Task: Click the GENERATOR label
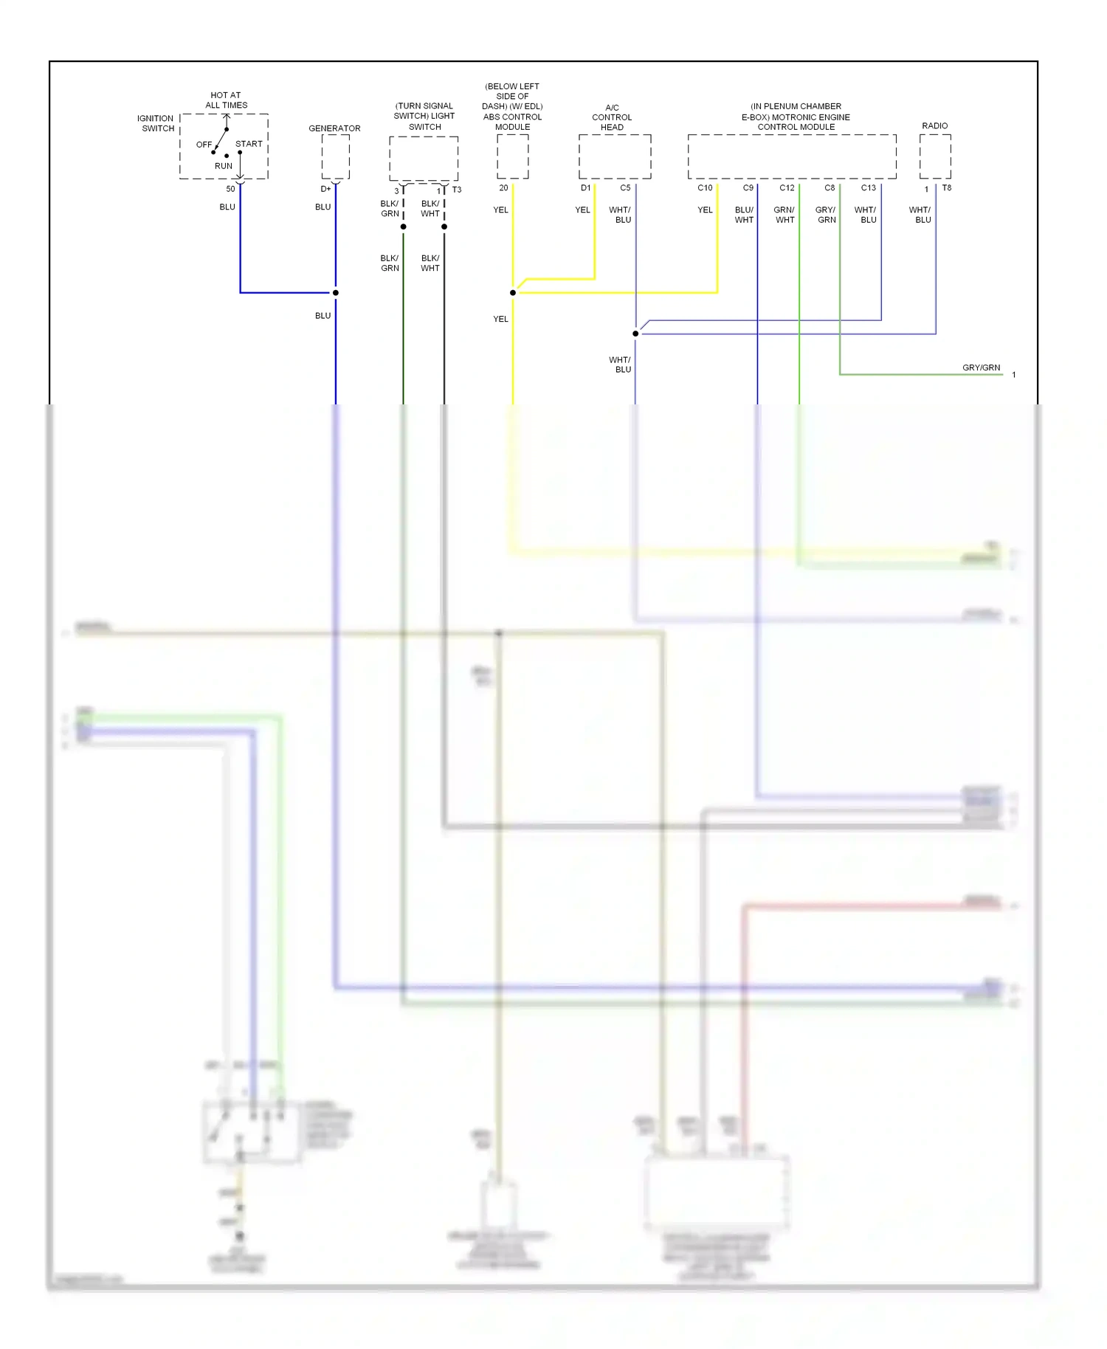[334, 128]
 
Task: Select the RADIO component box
[934, 156]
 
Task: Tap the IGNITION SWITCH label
[156, 123]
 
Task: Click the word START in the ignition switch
[249, 144]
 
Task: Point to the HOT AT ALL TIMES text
[226, 100]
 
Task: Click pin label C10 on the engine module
[705, 188]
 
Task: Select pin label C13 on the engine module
[868, 188]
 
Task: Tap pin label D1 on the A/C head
[585, 188]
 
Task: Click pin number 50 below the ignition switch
[230, 189]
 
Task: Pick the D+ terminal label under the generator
[325, 189]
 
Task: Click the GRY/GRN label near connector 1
[981, 368]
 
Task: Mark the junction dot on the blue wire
[336, 293]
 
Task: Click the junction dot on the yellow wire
[513, 293]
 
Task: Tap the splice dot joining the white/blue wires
[635, 334]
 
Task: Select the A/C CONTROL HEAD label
[612, 117]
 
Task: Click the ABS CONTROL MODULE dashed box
[512, 156]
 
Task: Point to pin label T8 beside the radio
[947, 188]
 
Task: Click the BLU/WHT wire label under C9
[744, 215]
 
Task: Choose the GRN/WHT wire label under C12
[784, 215]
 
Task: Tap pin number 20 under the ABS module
[503, 188]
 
